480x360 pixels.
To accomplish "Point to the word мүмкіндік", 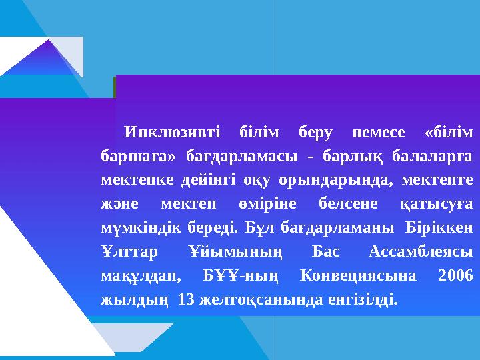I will tap(135, 227).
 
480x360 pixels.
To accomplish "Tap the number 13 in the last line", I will tap(187, 299).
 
